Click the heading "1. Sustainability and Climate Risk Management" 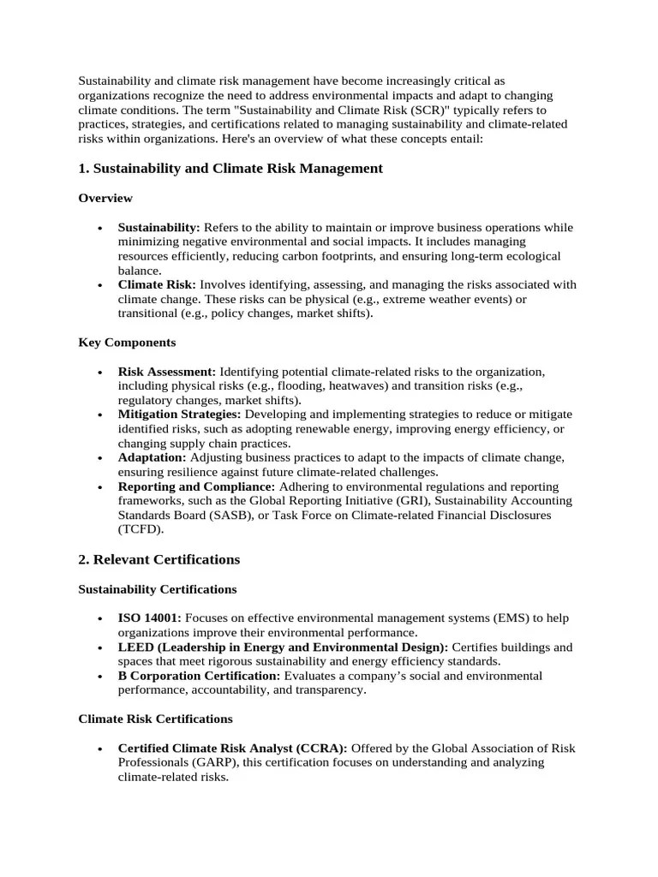(230, 169)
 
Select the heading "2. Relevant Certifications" (159, 559)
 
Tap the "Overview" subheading (105, 198)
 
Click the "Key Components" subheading (127, 342)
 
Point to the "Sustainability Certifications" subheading (158, 589)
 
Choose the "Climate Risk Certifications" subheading (155, 719)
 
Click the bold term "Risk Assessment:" (167, 372)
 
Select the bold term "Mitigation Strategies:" (180, 415)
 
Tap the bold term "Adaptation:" (152, 457)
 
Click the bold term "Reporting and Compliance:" (196, 486)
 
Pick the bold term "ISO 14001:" (150, 618)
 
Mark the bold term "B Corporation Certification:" (199, 676)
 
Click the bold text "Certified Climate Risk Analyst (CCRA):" (232, 748)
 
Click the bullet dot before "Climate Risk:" (100, 285)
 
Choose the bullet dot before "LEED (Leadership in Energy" (100, 647)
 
